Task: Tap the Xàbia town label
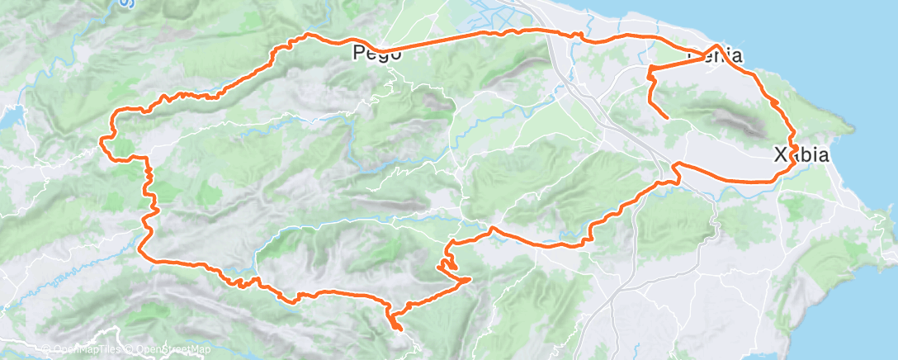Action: pos(801,154)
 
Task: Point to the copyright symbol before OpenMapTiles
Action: pos(46,350)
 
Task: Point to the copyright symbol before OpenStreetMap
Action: pos(131,350)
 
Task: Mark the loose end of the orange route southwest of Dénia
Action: pos(668,119)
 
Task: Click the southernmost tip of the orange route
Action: pos(401,329)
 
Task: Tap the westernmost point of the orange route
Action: pos(102,141)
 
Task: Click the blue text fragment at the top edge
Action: pos(125,3)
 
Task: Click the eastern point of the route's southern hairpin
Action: pos(470,279)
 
